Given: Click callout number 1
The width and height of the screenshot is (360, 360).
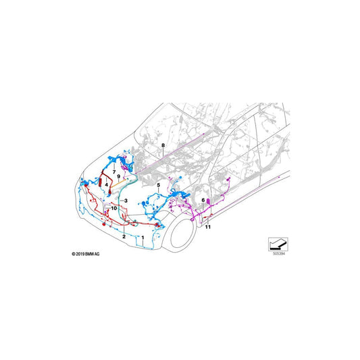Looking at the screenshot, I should [x=143, y=229].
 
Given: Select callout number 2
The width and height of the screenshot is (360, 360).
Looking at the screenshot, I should [x=124, y=237].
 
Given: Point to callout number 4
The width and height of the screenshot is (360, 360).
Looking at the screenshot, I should [x=107, y=184].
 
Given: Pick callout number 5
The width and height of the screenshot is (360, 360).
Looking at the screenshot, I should [x=158, y=184].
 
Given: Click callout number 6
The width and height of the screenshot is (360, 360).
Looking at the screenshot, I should [x=203, y=201].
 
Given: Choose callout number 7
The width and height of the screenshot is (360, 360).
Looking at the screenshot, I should [x=114, y=174].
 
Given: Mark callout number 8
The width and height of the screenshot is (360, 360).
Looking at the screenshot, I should [x=163, y=146].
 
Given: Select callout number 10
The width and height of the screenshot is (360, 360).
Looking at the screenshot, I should [x=114, y=209].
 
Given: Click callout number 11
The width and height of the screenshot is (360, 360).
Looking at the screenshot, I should [x=208, y=227].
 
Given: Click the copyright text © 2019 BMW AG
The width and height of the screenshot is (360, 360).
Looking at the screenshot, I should [x=86, y=253].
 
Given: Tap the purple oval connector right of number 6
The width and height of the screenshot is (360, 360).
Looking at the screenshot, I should [x=210, y=201].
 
